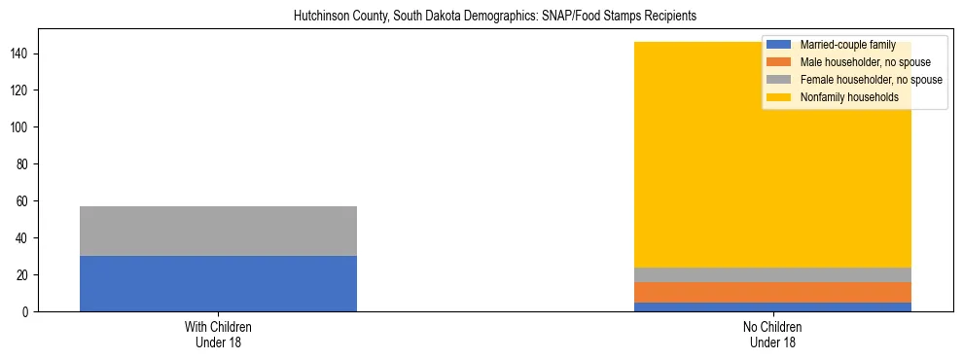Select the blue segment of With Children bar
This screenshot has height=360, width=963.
click(x=218, y=283)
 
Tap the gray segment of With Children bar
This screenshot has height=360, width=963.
click(x=218, y=231)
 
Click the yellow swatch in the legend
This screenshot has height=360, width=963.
click(x=779, y=97)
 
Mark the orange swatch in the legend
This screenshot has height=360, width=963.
click(x=779, y=62)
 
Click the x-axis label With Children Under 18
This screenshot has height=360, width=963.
click(x=218, y=334)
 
